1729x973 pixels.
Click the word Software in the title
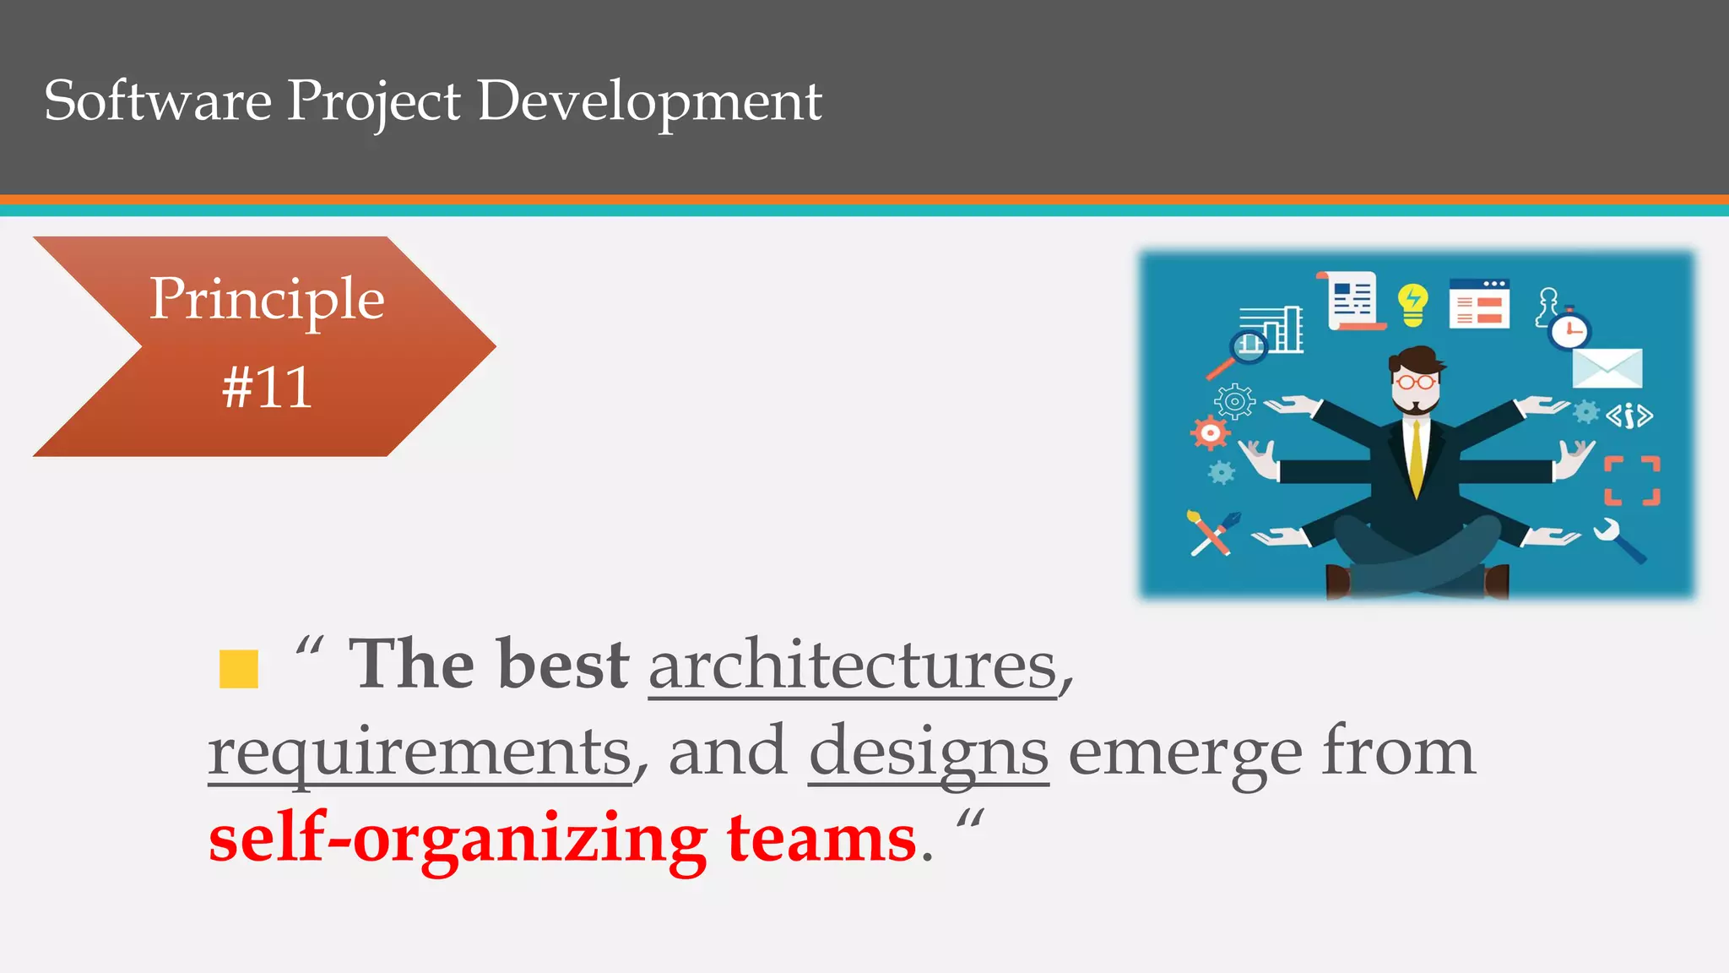158,101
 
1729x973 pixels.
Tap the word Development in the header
649,102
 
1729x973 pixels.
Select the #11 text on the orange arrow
267,389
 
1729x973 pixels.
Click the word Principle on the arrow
267,299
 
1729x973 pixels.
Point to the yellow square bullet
238,669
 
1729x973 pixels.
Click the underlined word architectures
853,666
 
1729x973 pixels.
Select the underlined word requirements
420,752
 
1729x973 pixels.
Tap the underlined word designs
929,752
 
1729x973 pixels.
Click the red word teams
821,838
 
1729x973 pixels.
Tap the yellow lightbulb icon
1412,303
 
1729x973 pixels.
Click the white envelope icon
1607,368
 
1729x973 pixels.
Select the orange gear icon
1211,433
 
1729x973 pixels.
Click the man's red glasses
1416,382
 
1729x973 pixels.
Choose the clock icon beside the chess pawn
1569,330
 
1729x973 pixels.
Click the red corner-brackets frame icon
1632,481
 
